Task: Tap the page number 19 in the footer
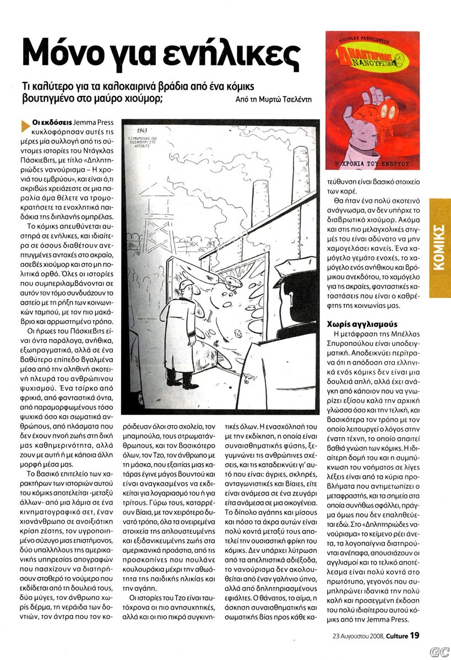click(415, 635)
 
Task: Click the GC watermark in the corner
click(438, 650)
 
